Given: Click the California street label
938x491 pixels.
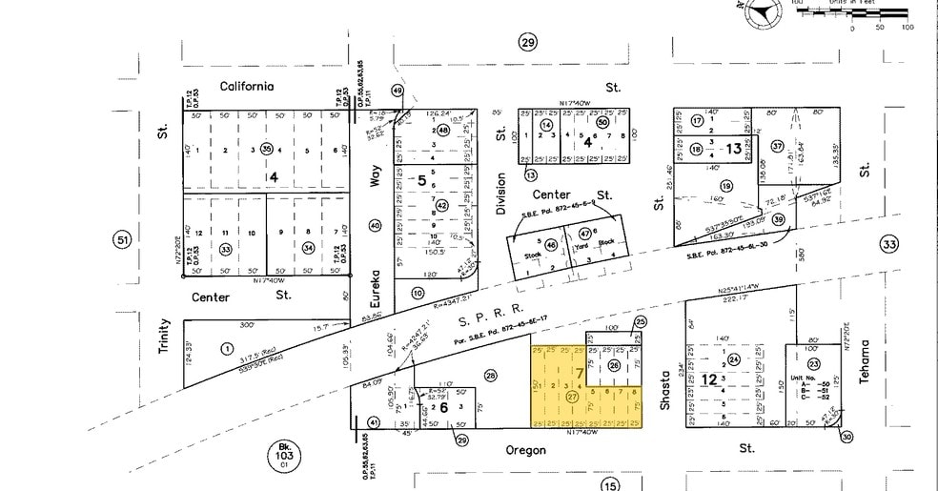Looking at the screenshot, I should (247, 86).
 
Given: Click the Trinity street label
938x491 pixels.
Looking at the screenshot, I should (164, 337).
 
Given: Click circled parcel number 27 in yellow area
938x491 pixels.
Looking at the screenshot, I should (572, 396).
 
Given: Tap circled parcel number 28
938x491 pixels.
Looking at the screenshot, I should (492, 375).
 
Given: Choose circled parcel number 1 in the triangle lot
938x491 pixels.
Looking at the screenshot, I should (227, 349).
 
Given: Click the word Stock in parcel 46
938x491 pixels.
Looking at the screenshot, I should (532, 256).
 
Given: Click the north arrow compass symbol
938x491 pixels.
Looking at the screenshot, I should (764, 12).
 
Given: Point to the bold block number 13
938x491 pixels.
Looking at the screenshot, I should (733, 149).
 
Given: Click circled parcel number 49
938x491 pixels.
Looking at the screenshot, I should (398, 92).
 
